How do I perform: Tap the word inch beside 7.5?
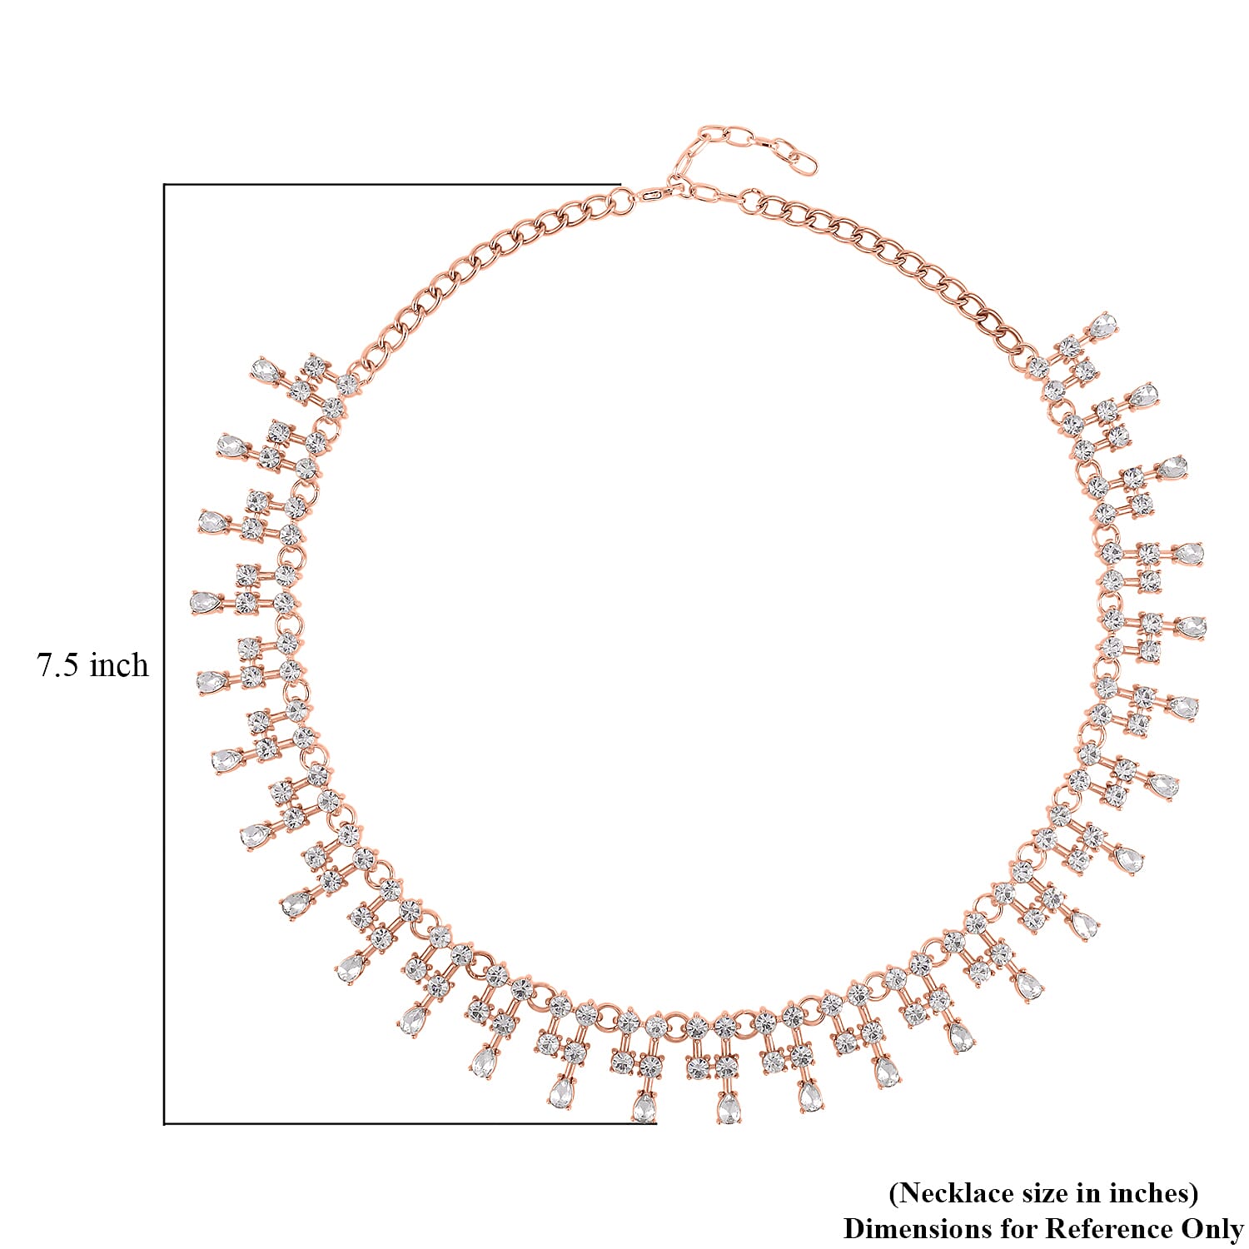[120, 665]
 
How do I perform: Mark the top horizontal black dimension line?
[392, 184]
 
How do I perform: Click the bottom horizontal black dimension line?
[410, 1123]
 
